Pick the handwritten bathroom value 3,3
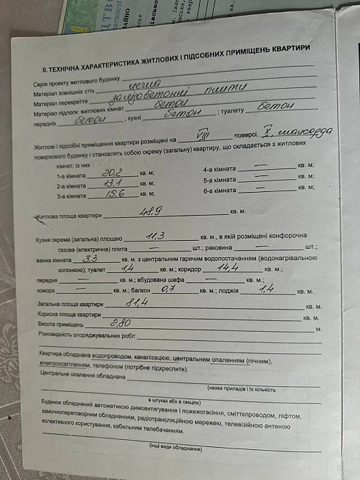pos(91,259)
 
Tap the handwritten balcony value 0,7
pos(169,289)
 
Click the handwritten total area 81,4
pos(136,302)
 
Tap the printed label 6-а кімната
pos(219,191)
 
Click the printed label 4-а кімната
pos(219,169)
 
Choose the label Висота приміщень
pos(64,324)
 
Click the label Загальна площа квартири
pos(72,304)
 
